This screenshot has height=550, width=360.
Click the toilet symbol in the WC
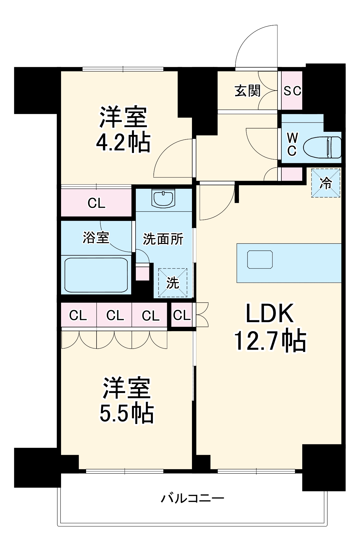click(x=322, y=147)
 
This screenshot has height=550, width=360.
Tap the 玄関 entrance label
click(x=247, y=91)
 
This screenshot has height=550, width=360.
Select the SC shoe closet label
click(x=292, y=91)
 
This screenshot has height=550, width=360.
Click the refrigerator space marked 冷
click(x=326, y=183)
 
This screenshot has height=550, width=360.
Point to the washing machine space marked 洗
click(x=173, y=283)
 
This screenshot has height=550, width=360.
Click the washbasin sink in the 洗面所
click(x=163, y=198)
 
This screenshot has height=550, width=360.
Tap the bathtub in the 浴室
click(x=96, y=275)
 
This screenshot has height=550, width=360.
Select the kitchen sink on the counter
click(x=260, y=259)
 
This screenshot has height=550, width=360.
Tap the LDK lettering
click(x=270, y=313)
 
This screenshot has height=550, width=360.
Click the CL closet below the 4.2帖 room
click(x=96, y=203)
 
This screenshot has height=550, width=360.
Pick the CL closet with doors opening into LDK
click(x=182, y=315)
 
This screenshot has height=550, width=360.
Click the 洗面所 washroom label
click(x=163, y=239)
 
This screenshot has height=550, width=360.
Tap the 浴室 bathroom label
click(x=96, y=237)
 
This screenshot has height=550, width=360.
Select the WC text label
click(x=292, y=144)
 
